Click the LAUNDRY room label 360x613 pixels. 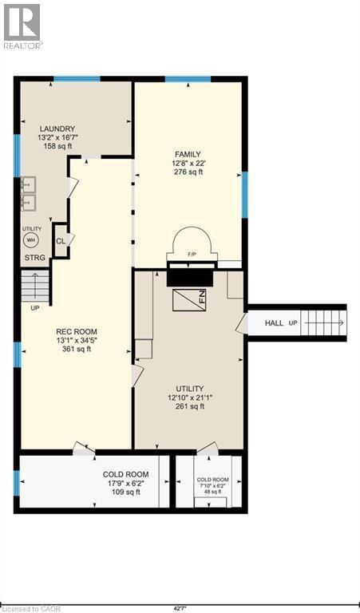click(x=57, y=129)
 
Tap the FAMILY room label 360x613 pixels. click(x=188, y=154)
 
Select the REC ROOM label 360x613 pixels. click(x=76, y=331)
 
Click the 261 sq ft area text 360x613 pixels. click(x=189, y=406)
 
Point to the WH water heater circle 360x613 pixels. click(x=31, y=240)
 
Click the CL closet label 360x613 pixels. click(x=60, y=240)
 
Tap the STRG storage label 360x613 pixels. click(x=35, y=258)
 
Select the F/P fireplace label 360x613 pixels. click(x=191, y=254)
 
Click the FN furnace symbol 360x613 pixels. click(x=189, y=300)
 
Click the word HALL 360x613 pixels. click(x=275, y=323)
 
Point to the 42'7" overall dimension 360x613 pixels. click(x=180, y=608)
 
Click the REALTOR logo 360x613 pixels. click(x=22, y=26)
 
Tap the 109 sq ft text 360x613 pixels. click(x=125, y=492)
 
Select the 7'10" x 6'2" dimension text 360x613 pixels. click(x=212, y=486)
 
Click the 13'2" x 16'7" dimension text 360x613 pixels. click(x=57, y=137)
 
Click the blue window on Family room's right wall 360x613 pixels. click(x=245, y=195)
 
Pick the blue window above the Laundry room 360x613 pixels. click(x=77, y=79)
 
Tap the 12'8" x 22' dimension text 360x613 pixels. click(x=188, y=163)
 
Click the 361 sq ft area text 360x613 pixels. click(x=76, y=349)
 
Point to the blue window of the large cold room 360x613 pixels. click(x=17, y=483)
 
